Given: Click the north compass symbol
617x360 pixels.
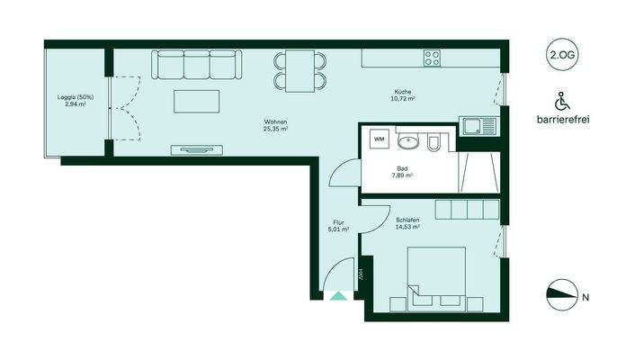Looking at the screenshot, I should click(x=564, y=294).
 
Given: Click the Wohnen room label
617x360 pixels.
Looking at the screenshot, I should click(x=275, y=125).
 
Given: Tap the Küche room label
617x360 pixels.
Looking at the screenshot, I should click(x=403, y=94).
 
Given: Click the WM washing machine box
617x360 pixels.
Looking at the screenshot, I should click(x=380, y=140).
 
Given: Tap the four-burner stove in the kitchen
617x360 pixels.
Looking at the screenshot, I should click(x=432, y=59).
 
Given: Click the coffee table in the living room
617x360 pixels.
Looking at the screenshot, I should click(x=196, y=102).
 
